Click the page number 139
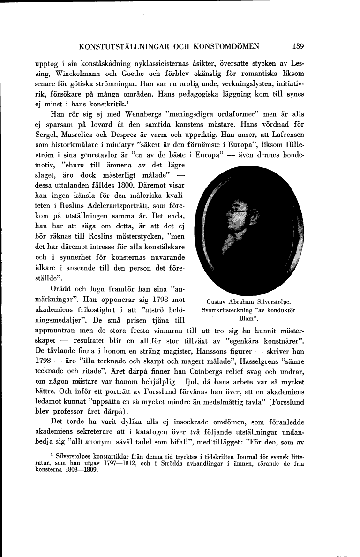[298, 46]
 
